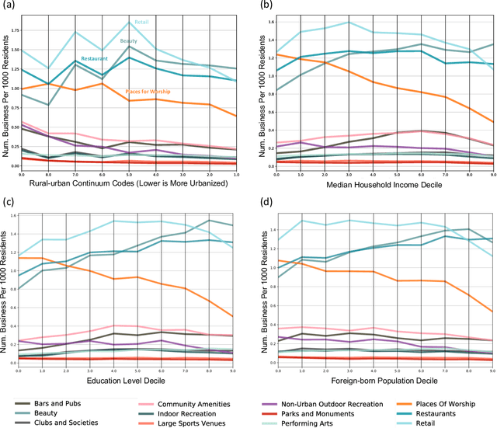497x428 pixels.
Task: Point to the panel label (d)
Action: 264,204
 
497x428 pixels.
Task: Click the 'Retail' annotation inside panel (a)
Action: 141,23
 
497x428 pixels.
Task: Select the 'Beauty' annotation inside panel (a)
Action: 128,40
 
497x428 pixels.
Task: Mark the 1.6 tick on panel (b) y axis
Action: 269,21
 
